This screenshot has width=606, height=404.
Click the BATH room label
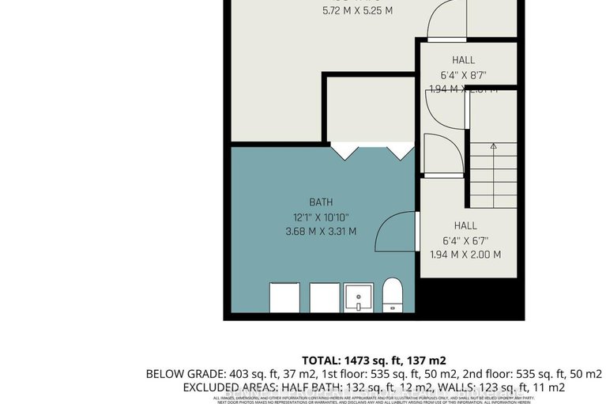click(321, 202)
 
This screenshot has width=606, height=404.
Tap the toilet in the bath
click(393, 295)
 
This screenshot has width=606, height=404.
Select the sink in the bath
click(359, 298)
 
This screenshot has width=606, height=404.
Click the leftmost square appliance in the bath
click(285, 297)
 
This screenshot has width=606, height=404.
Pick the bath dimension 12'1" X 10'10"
click(321, 217)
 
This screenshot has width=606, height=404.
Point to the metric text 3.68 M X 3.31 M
click(321, 232)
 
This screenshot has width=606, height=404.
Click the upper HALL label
click(464, 60)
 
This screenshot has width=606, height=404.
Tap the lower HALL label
click(465, 225)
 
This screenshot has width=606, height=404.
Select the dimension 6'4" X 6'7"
click(465, 240)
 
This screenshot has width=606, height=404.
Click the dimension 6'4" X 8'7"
click(464, 75)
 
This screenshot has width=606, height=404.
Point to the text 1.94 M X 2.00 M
click(465, 255)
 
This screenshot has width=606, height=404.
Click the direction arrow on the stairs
click(493, 146)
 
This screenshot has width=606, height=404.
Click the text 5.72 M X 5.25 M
click(357, 11)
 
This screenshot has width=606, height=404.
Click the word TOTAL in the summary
click(322, 358)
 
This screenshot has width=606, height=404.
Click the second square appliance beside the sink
click(324, 297)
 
